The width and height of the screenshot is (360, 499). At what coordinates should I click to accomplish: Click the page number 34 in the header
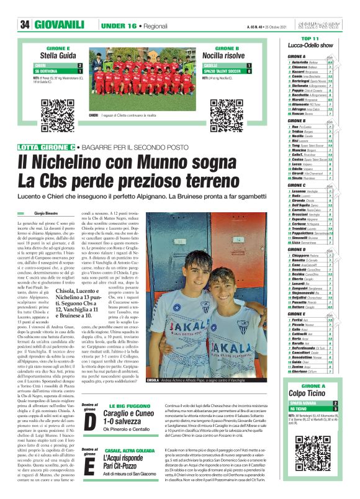(x=25, y=7)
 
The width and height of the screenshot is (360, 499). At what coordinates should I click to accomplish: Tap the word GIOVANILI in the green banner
(x=60, y=7)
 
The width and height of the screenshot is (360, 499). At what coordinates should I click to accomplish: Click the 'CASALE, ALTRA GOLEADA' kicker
(x=135, y=450)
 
